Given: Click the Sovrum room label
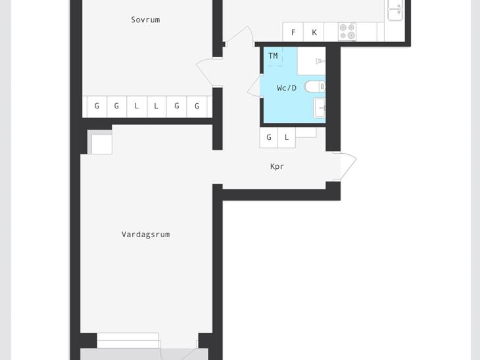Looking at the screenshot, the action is point(145,20).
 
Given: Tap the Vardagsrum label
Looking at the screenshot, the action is point(146,235).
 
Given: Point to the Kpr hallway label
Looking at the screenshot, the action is point(277,167).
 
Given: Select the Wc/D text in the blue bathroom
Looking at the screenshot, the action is point(287,88).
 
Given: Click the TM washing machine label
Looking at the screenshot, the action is point(273,56).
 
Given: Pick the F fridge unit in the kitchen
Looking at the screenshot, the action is point(293,32).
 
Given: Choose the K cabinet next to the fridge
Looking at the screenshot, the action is point(314,32).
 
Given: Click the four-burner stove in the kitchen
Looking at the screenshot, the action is point(347,32).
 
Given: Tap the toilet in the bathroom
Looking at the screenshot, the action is point(315,87).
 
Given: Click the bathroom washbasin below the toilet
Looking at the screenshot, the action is point(320,108).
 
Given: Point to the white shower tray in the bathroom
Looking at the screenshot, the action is point(311,61).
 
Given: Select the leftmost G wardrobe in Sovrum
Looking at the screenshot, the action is point(97,106).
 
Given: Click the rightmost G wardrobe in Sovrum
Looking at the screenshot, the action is point(197,106).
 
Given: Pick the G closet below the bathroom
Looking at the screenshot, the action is point(269,138).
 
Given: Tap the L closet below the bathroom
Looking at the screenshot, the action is point(287,138).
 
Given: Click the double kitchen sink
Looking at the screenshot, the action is point(395,11).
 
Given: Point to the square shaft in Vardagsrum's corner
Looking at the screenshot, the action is point(100,142).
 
